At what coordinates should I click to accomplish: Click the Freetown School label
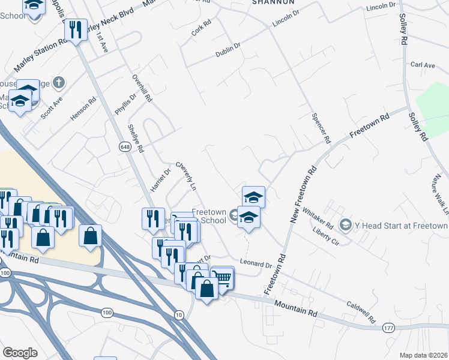(x=209, y=216)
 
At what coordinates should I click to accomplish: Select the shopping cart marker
(x=222, y=278)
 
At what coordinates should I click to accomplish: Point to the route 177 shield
(x=388, y=328)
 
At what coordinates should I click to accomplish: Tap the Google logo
(x=20, y=353)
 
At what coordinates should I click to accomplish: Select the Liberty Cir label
(x=327, y=232)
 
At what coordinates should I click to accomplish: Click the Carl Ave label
(x=423, y=65)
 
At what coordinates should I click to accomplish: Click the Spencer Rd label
(x=321, y=127)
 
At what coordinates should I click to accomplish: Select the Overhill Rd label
(x=142, y=88)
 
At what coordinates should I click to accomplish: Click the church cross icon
(x=58, y=82)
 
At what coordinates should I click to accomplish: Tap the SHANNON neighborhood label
(x=273, y=2)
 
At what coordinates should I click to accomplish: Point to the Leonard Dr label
(x=256, y=264)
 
